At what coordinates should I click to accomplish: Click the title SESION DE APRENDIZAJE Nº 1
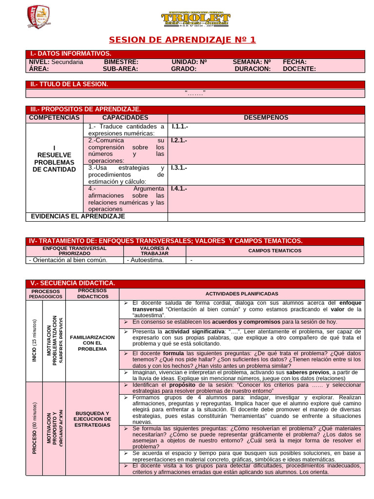tap(182, 40)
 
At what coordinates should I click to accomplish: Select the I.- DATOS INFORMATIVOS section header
tap(71, 54)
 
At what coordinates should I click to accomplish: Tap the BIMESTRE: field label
tap(121, 62)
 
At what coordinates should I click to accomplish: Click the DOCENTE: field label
tap(299, 69)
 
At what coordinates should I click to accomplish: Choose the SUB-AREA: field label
tap(121, 69)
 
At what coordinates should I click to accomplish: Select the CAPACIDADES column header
tap(125, 117)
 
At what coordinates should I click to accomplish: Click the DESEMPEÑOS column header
tap(266, 117)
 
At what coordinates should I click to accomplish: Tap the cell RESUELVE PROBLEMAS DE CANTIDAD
tap(54, 159)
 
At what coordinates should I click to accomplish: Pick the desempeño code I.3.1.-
tap(179, 168)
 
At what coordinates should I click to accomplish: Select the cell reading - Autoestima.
tap(146, 260)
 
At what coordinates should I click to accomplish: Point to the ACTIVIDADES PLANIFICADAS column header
tap(242, 294)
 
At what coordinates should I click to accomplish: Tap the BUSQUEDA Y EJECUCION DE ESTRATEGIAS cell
tap(92, 419)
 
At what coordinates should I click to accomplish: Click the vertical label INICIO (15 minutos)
tap(34, 340)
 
